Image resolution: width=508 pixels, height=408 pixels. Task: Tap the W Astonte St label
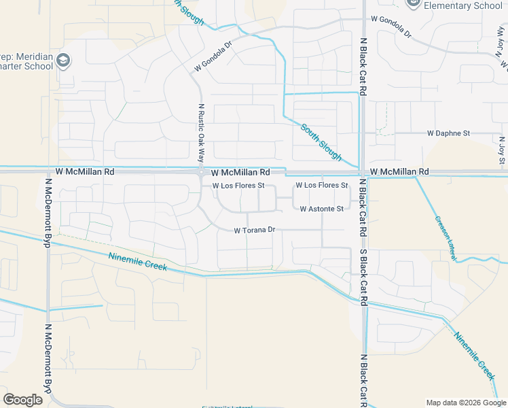tap(321, 209)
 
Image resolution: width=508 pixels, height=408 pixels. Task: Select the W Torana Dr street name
tap(254, 231)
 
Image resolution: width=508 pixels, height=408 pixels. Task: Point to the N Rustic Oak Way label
tap(201, 131)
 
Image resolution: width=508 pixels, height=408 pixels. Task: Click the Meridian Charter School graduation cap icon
tap(64, 61)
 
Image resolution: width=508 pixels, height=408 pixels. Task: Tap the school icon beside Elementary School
tap(412, 4)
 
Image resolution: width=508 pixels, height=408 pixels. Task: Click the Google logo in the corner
tap(22, 400)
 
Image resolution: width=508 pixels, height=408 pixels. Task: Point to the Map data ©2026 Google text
tap(465, 402)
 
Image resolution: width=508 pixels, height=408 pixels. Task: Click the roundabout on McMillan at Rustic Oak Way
tap(201, 171)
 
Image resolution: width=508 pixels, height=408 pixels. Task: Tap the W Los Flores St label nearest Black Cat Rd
tap(321, 185)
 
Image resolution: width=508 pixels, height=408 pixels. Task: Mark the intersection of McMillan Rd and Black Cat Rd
tap(363, 171)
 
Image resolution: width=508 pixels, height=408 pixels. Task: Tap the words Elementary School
tap(463, 5)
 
